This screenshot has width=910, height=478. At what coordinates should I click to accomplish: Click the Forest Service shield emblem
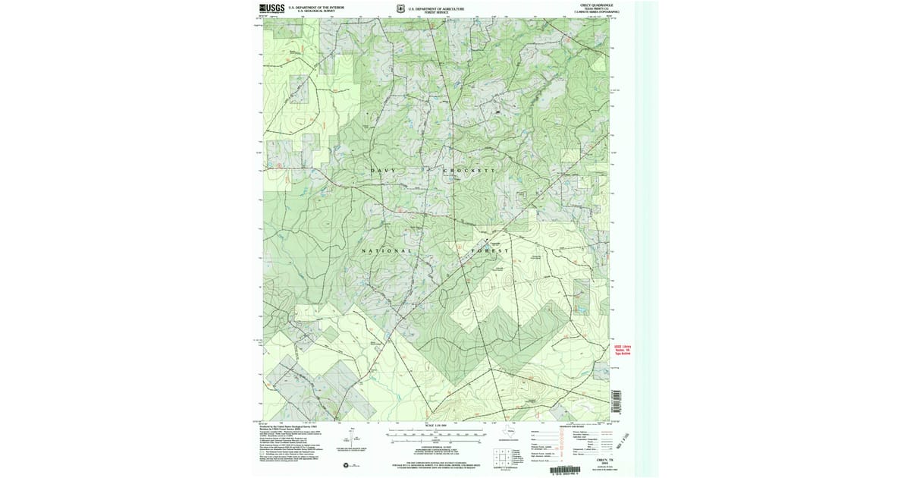click(400, 9)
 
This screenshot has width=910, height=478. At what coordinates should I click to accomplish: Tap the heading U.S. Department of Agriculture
click(436, 8)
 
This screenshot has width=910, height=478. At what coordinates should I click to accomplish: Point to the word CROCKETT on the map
click(467, 171)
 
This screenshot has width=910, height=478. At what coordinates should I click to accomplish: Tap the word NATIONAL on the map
click(387, 251)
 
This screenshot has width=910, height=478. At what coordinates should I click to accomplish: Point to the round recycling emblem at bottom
click(345, 464)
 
